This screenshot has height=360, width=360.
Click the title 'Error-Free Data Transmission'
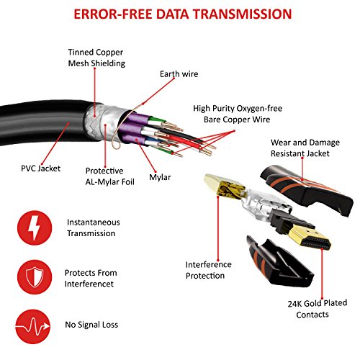[180, 14]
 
